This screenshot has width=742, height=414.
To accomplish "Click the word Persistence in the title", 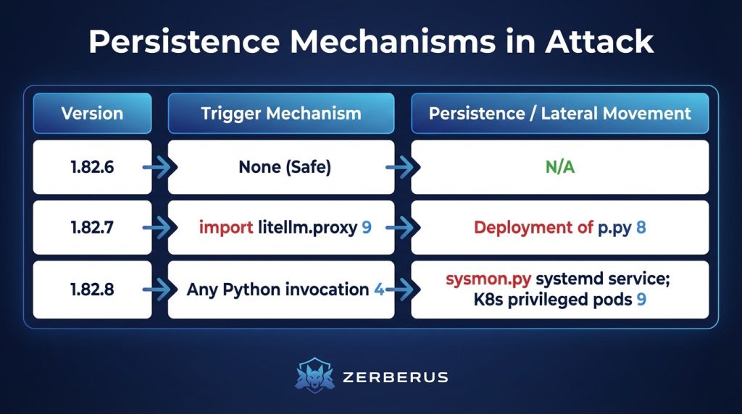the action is (184, 41).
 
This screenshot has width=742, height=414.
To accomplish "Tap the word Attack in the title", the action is (599, 41).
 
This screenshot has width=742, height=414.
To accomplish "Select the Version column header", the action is (92, 114).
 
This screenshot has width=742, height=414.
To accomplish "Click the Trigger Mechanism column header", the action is (281, 114).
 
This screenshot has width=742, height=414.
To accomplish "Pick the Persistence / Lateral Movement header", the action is (560, 114).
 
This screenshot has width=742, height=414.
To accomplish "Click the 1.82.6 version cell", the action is (92, 166).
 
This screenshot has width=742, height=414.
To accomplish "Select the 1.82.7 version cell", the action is (92, 227).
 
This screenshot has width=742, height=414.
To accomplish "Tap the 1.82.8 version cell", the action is (92, 290).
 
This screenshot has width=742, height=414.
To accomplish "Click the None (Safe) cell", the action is (281, 166).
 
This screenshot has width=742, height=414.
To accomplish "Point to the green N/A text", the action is (560, 166).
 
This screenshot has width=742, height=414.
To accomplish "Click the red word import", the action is (226, 227).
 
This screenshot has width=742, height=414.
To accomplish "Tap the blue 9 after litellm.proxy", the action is (367, 227).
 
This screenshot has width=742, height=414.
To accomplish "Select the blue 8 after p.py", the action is (641, 227).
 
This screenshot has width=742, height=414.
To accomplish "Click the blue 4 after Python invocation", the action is (379, 290).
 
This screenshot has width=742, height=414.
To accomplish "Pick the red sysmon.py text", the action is (488, 279).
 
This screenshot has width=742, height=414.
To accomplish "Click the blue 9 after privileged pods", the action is (641, 299).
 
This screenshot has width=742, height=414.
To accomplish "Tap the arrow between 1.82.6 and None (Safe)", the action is (159, 166).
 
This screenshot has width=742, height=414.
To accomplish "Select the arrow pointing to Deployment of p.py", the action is (403, 227).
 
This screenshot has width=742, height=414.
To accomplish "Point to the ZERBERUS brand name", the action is (395, 377).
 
